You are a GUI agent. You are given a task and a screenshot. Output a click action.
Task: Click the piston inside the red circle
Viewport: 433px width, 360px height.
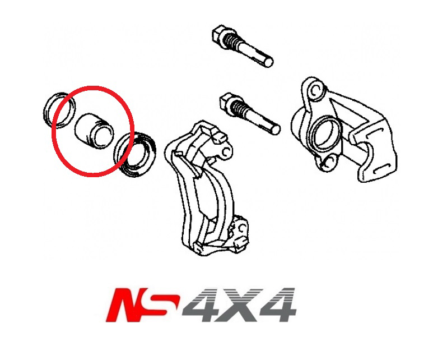tap(94, 132)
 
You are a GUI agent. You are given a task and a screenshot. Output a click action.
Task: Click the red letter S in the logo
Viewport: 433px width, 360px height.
tap(165, 305)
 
